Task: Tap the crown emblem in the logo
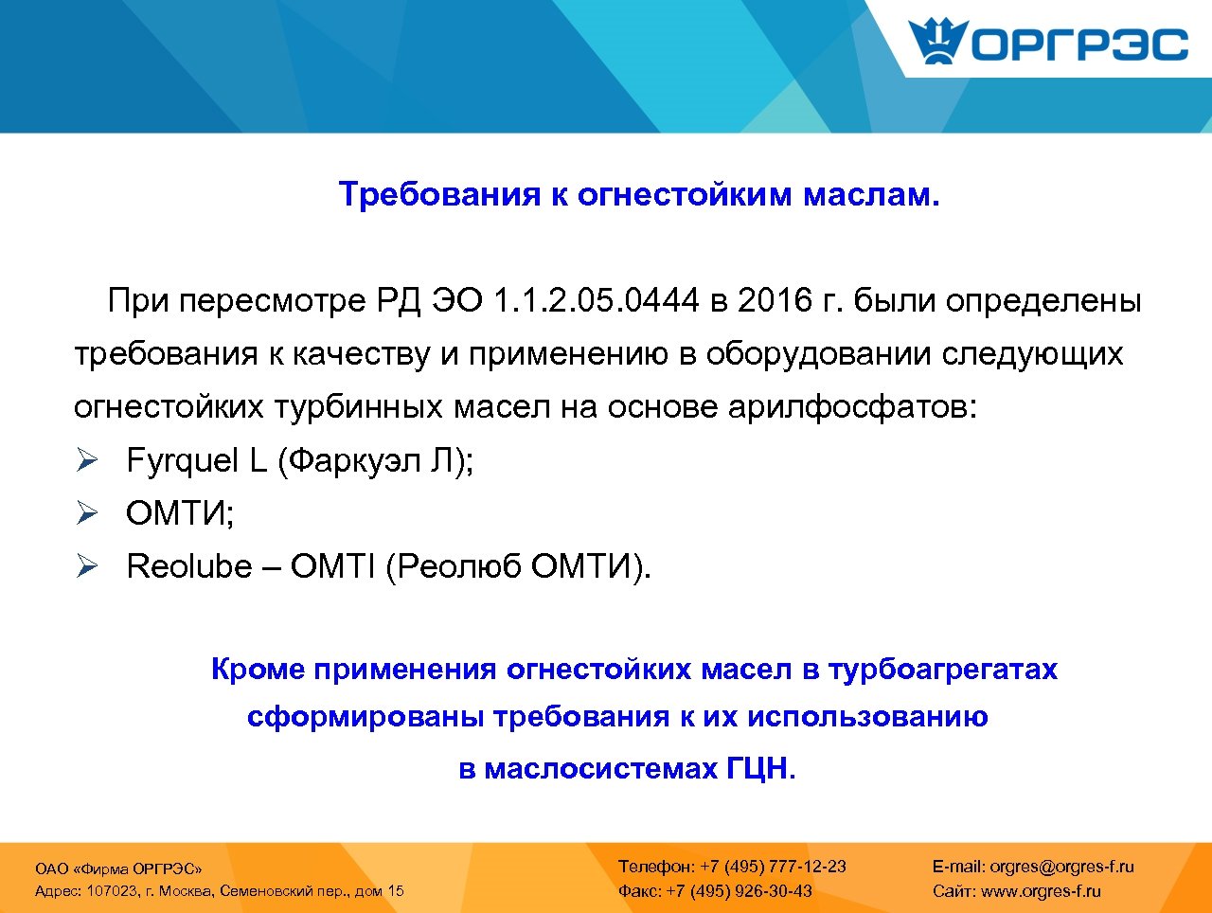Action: tap(937, 43)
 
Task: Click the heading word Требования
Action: tap(438, 194)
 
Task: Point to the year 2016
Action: tap(775, 301)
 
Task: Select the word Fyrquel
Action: tap(182, 461)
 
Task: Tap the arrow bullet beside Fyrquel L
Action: tap(87, 461)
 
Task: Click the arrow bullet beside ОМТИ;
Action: tap(87, 514)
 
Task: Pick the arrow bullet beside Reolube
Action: tap(87, 567)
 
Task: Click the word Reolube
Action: tap(189, 567)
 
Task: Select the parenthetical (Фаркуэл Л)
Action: tap(375, 461)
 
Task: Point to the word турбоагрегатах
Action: tap(942, 670)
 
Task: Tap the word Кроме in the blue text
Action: tap(258, 670)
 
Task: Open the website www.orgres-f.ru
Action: tap(1041, 891)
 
